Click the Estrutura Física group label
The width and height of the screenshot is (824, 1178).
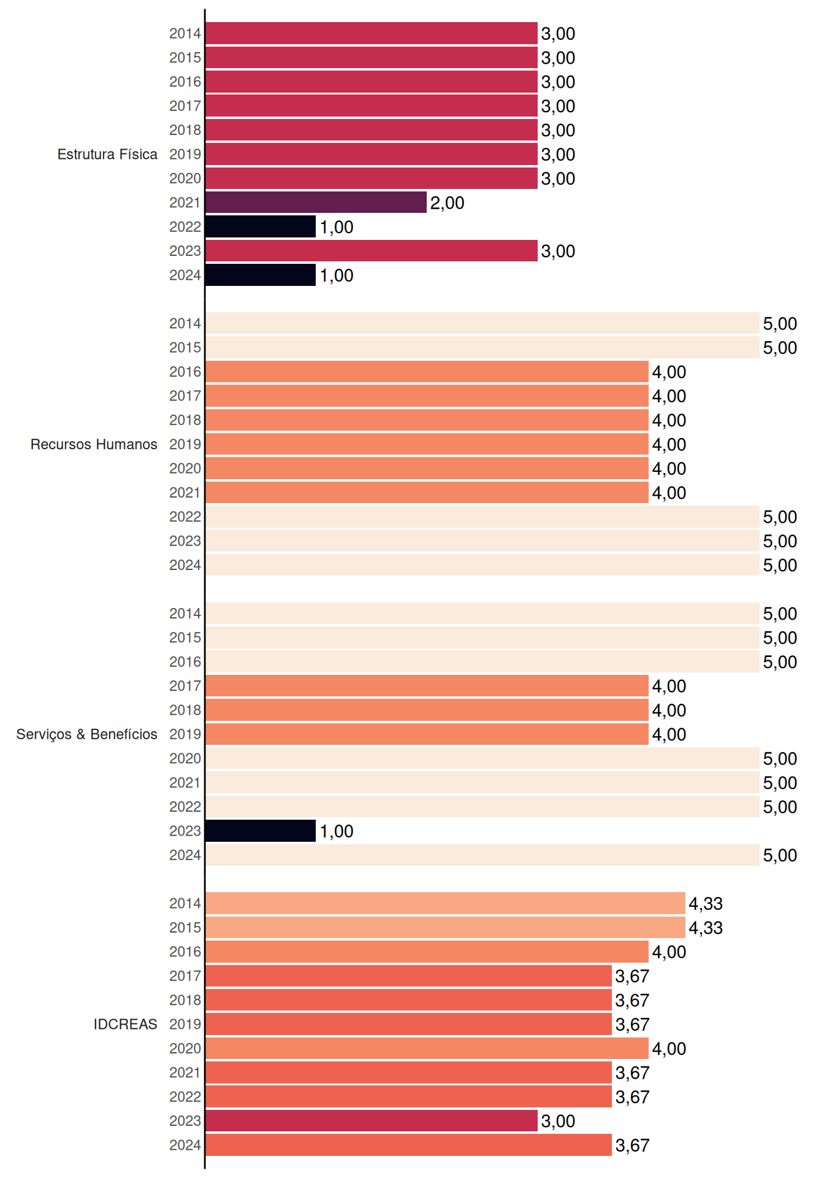pyautogui.click(x=107, y=154)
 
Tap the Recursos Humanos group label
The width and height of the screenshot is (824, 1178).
pyautogui.click(x=94, y=444)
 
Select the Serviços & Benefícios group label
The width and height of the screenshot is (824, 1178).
pyautogui.click(x=86, y=734)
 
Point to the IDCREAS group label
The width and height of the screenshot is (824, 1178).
pyautogui.click(x=125, y=1024)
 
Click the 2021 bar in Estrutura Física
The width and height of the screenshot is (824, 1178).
pyautogui.click(x=316, y=202)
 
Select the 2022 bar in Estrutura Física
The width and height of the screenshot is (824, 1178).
pyautogui.click(x=261, y=226)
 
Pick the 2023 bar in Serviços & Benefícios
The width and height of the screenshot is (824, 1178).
pyautogui.click(x=261, y=831)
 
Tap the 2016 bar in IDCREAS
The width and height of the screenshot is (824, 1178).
pyautogui.click(x=427, y=952)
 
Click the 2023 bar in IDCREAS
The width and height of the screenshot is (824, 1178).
pyautogui.click(x=372, y=1121)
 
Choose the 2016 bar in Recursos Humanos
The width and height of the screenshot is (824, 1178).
pyautogui.click(x=427, y=372)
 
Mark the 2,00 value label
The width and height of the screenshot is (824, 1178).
pyautogui.click(x=447, y=203)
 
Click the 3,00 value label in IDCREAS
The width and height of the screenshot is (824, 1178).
pyautogui.click(x=558, y=1122)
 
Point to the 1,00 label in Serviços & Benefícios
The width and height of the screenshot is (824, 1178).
pyautogui.click(x=337, y=831)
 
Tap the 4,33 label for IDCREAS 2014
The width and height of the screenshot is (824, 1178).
pyautogui.click(x=706, y=904)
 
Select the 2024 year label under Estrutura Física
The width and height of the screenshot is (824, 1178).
pyautogui.click(x=185, y=275)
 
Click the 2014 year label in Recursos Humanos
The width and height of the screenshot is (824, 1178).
pyautogui.click(x=185, y=323)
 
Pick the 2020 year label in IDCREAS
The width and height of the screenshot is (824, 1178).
pyautogui.click(x=185, y=1049)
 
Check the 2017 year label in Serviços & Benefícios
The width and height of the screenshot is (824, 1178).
pyautogui.click(x=185, y=686)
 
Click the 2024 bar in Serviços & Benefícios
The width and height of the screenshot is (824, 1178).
pyautogui.click(x=483, y=855)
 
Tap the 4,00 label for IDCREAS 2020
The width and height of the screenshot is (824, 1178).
pyautogui.click(x=669, y=1049)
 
